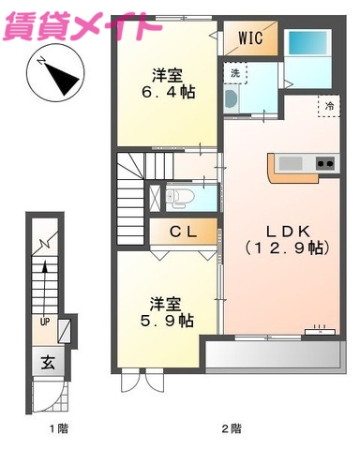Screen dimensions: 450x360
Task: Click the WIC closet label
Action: coord(249,39)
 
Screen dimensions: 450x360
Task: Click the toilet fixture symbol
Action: coord(180,198)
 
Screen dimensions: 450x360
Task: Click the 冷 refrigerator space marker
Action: coord(329,107)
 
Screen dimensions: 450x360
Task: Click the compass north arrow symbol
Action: coord(57,74)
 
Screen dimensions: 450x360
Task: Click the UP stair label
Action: coord(43,321)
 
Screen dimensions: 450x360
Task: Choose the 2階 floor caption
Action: coord(230,428)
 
